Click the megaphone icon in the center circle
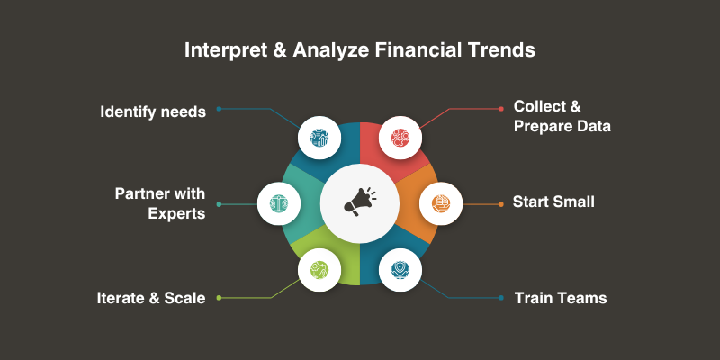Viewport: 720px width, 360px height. tap(360, 202)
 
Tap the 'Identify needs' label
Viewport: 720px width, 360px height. tap(153, 112)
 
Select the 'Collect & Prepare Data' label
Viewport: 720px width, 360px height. tap(562, 116)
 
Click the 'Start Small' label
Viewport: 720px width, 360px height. tap(553, 202)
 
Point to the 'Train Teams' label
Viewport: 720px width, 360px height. tap(561, 298)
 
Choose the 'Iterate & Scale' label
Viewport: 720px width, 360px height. tap(151, 298)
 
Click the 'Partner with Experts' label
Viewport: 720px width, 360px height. tap(160, 203)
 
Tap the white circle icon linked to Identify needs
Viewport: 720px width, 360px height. tap(319, 138)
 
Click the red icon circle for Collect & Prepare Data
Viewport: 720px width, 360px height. tap(400, 138)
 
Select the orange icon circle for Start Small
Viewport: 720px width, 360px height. tap(441, 203)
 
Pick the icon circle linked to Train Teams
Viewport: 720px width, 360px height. tap(400, 269)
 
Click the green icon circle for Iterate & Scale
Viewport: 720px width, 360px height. tap(319, 269)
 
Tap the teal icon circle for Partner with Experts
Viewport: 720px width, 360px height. tap(279, 203)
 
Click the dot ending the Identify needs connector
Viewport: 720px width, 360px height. tap(219, 109)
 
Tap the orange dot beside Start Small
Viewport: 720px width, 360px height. tap(501, 204)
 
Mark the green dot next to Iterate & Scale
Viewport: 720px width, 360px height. tap(219, 298)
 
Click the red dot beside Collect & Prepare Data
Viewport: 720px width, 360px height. tap(501, 109)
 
